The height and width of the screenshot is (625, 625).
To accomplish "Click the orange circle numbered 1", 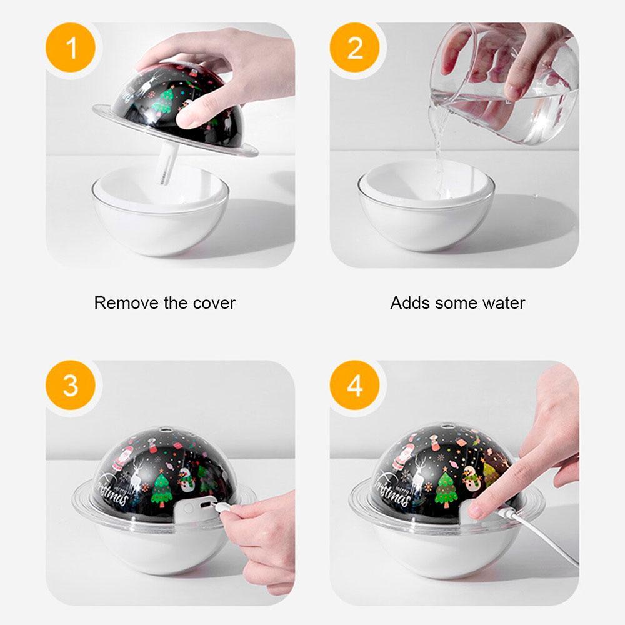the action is coord(71,48).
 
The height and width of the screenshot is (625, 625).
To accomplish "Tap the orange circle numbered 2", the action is coord(355,48).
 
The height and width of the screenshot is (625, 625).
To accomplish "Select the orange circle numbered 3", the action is coord(71,386).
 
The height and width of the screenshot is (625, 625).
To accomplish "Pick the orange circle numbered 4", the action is coord(355,386).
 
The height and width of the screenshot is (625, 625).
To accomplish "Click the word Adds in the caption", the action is coord(409,303).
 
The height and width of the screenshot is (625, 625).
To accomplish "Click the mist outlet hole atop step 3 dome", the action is coord(164,430).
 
